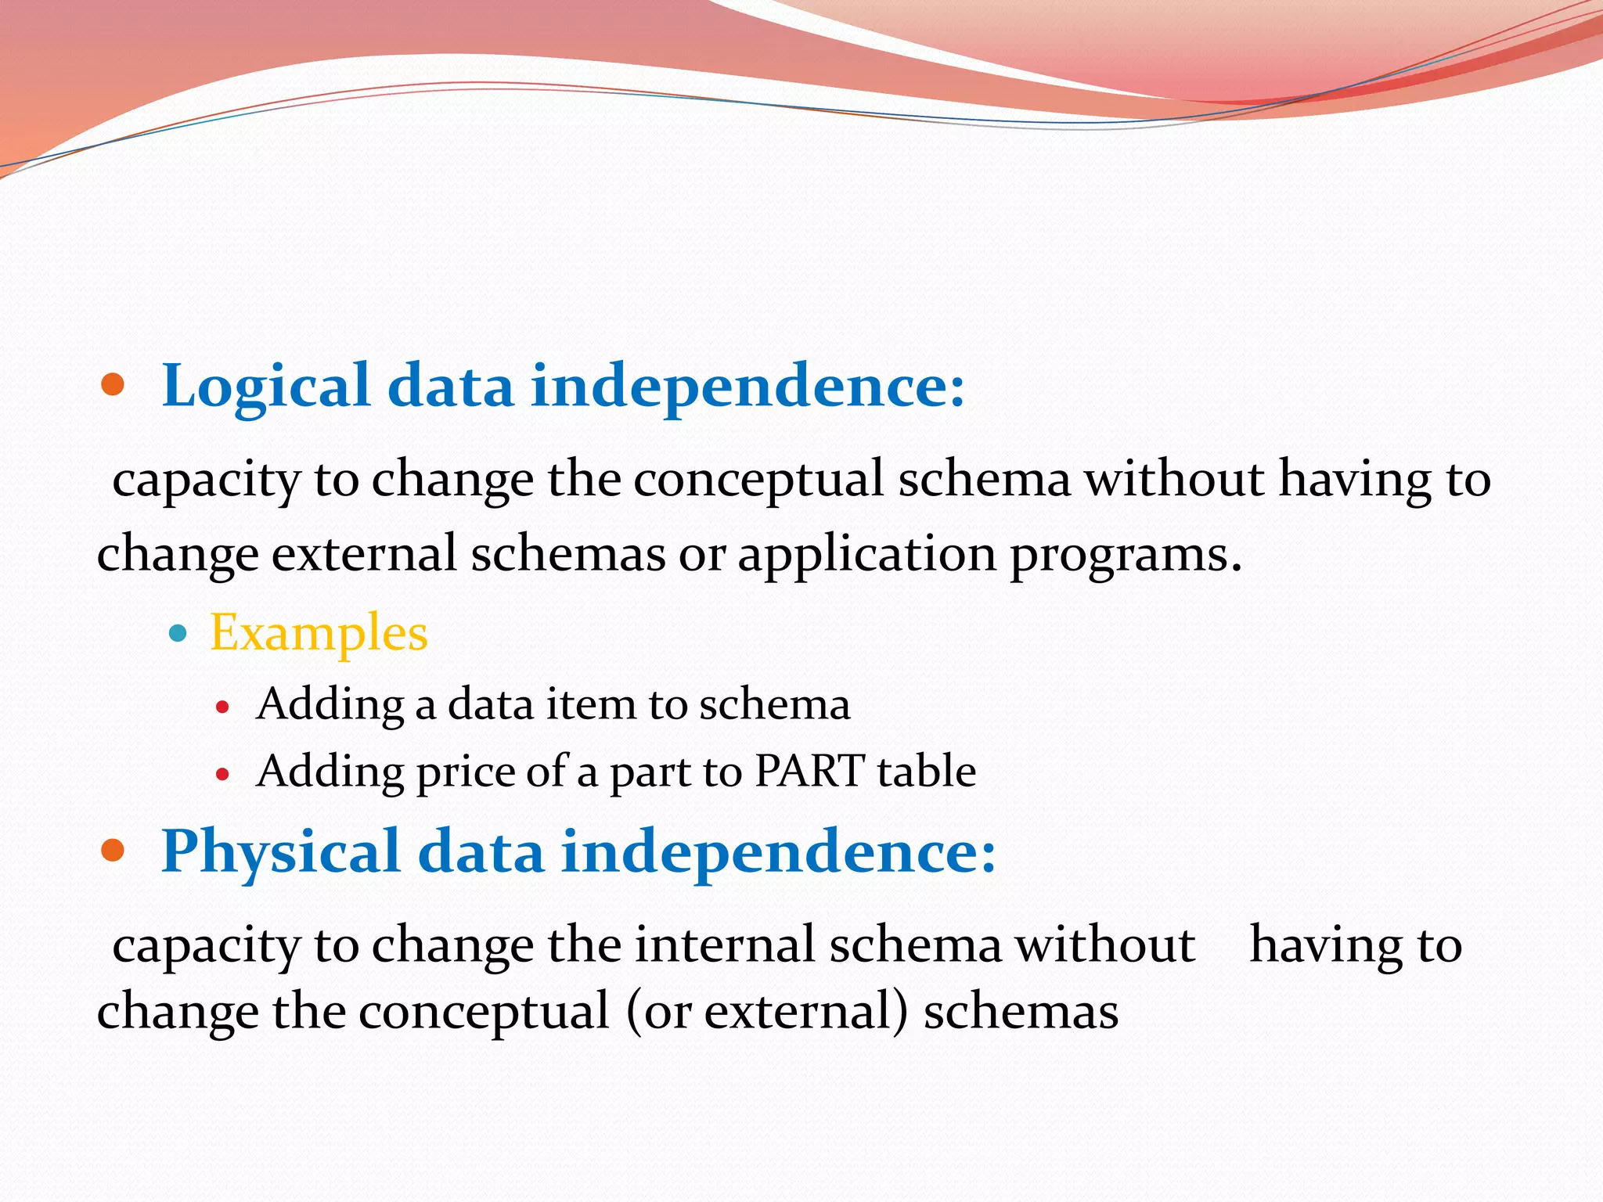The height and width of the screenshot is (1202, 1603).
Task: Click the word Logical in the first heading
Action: pyautogui.click(x=265, y=386)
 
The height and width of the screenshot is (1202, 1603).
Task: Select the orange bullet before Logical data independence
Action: pyautogui.click(x=113, y=384)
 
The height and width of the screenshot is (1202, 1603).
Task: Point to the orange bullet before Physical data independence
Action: pyautogui.click(x=113, y=850)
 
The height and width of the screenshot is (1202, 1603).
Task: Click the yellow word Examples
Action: pyautogui.click(x=319, y=632)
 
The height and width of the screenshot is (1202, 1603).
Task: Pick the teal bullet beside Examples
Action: pyautogui.click(x=178, y=632)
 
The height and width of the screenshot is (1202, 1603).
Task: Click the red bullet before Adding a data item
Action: pyautogui.click(x=223, y=707)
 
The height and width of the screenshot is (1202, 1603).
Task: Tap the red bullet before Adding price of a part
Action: pyautogui.click(x=223, y=775)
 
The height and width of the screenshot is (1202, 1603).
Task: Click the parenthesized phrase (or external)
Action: pyautogui.click(x=767, y=1012)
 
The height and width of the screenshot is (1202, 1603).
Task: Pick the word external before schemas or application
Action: pyautogui.click(x=364, y=554)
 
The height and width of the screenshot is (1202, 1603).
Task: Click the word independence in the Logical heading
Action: pyautogui.click(x=747, y=386)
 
